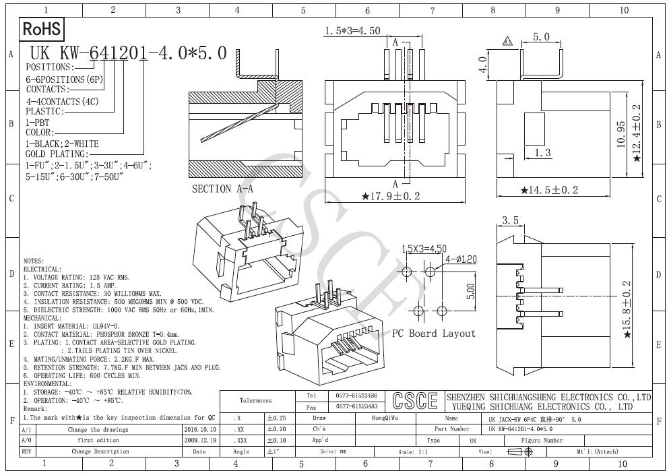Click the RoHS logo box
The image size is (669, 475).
point(42,29)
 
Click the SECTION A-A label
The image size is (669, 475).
point(222,189)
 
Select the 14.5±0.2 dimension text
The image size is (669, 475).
point(550,190)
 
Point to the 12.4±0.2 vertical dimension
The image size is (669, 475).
point(637,127)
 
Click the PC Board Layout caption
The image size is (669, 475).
point(434,334)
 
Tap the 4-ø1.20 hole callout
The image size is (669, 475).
point(461,259)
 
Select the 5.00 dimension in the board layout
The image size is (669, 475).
point(472,290)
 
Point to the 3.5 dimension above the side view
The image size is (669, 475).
point(510,220)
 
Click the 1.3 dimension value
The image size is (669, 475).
point(542,153)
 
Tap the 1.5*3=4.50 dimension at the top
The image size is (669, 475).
point(352,31)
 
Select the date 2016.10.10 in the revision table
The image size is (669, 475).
point(199,429)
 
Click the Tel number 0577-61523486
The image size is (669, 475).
point(356,395)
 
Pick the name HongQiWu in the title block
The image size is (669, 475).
point(385,418)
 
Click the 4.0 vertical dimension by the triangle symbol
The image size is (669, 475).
point(482,67)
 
